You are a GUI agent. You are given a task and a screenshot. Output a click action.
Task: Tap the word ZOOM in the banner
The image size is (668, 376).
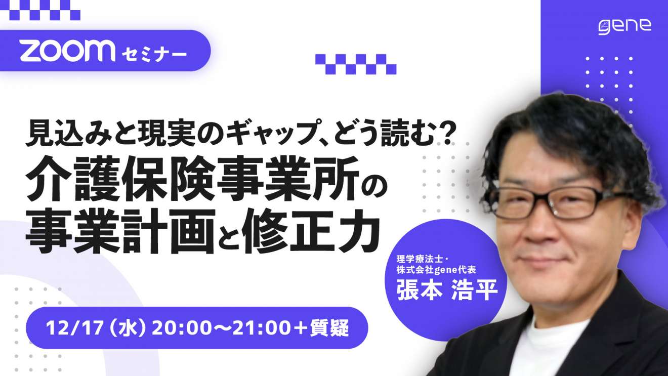coord(68,51)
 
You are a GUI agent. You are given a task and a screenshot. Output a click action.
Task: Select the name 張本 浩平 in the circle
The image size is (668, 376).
coord(447,289)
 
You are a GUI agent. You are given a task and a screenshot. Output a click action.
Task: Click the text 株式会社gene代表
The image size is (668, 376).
coord(436,270)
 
